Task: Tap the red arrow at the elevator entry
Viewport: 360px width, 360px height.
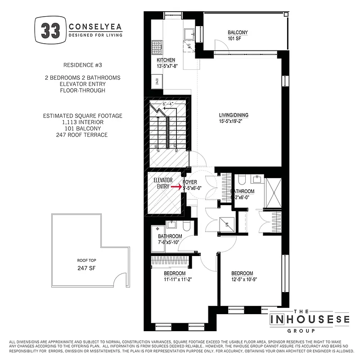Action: point(176,185)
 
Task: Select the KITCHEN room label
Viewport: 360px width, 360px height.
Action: point(166,60)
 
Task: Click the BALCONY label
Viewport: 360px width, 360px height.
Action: point(237,33)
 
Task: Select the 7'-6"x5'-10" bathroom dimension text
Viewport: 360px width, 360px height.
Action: point(170,243)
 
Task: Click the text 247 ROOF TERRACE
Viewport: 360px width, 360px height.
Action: point(82,135)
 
